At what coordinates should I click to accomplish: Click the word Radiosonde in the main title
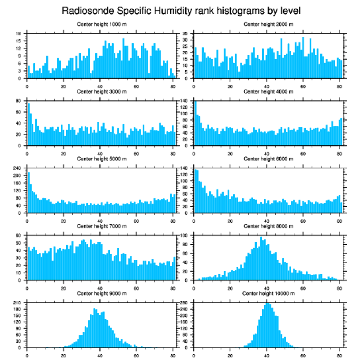click(84, 10)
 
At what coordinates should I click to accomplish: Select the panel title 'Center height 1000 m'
click(101, 24)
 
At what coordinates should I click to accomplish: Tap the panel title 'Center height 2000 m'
click(268, 24)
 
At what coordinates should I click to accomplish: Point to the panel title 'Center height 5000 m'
click(101, 159)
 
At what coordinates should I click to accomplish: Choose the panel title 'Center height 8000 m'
click(268, 226)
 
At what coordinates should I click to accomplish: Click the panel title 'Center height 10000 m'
click(268, 293)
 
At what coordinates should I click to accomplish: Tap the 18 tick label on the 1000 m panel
click(19, 34)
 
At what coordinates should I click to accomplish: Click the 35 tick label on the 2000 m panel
click(186, 34)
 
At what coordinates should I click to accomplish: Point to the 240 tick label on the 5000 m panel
click(18, 168)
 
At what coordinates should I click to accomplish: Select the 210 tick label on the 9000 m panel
click(18, 303)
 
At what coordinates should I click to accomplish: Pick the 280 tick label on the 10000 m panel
click(184, 303)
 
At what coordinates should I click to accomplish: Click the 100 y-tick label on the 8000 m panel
click(184, 235)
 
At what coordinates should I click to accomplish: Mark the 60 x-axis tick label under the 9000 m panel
click(136, 354)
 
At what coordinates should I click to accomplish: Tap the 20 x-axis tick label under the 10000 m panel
click(230, 354)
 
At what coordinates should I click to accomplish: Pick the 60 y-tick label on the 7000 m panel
click(19, 235)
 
